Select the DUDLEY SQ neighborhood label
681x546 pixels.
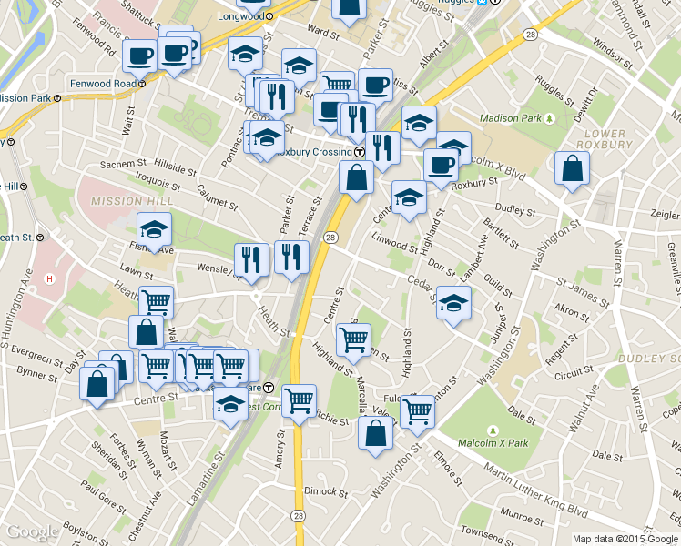648,358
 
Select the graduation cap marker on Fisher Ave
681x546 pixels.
154,231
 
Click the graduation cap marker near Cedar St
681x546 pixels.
453,304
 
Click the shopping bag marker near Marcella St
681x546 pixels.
376,433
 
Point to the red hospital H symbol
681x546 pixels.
50,278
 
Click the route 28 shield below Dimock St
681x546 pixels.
298,516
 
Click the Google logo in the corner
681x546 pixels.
32,532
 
